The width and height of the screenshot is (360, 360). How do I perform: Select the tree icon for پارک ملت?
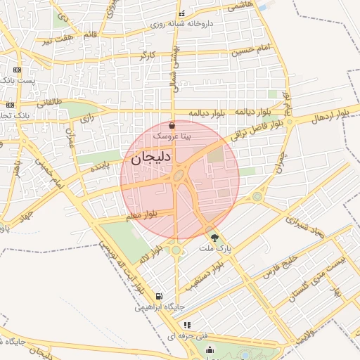[214, 238]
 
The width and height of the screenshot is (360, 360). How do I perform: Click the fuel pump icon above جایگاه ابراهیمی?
[159, 296]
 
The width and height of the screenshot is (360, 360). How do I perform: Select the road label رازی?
[87, 119]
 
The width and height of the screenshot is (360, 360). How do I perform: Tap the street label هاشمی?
[240, 6]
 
